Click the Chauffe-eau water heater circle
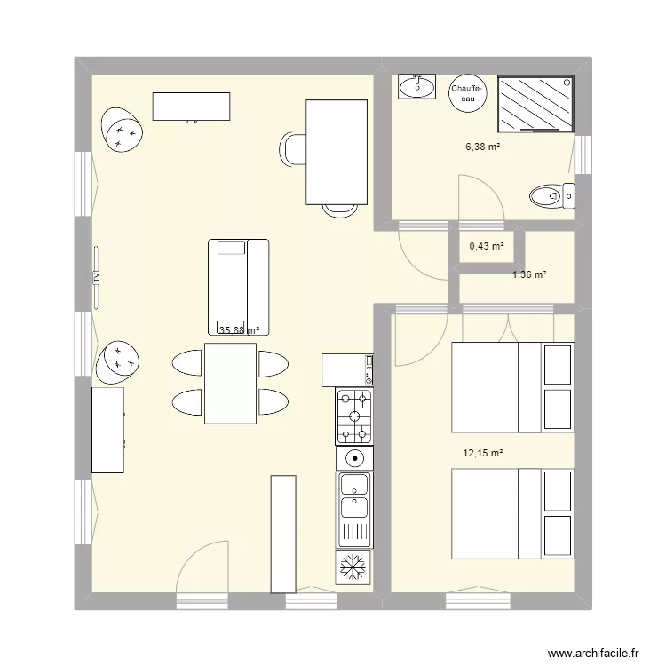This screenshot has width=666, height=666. pyautogui.click(x=467, y=92)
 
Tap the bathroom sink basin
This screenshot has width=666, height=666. pyautogui.click(x=416, y=87)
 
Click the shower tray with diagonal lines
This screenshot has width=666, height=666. pyautogui.click(x=535, y=103)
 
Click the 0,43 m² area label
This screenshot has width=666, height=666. pyautogui.click(x=486, y=247)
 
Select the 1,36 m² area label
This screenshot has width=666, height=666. pyautogui.click(x=528, y=274)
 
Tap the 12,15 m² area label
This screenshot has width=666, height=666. pyautogui.click(x=482, y=453)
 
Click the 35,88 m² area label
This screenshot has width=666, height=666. pyautogui.click(x=239, y=330)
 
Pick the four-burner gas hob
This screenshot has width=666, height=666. pyautogui.click(x=354, y=416)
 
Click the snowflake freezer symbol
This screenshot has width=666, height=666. pyautogui.click(x=353, y=567)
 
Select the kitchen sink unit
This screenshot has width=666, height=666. pyautogui.click(x=353, y=510)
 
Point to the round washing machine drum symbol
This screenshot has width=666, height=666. pyautogui.click(x=354, y=459)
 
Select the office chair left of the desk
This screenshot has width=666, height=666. pyautogui.click(x=293, y=148)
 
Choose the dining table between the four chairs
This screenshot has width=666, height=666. pyautogui.click(x=230, y=383)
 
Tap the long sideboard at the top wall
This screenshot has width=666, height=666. pyautogui.click(x=193, y=106)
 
